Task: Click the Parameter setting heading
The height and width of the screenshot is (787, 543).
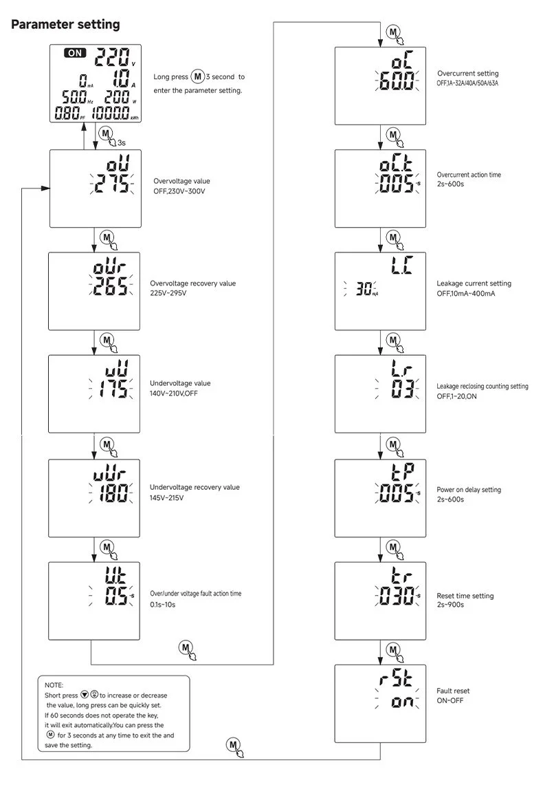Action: pyautogui.click(x=65, y=25)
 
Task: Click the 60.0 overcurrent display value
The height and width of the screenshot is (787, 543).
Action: pyautogui.click(x=395, y=83)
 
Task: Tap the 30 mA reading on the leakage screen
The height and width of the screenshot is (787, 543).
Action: pyautogui.click(x=364, y=290)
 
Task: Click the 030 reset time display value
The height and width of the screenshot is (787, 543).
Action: pyautogui.click(x=395, y=596)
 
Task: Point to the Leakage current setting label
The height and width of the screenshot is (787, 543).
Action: pyautogui.click(x=474, y=283)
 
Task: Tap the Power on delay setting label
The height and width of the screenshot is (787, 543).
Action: pyautogui.click(x=469, y=490)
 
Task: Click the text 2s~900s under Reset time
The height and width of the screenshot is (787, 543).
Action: pyautogui.click(x=450, y=605)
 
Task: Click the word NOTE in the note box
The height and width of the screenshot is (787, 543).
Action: pyautogui.click(x=54, y=686)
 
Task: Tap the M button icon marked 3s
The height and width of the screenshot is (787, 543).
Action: pyautogui.click(x=107, y=133)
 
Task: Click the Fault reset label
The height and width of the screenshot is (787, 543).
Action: pyautogui.click(x=453, y=691)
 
